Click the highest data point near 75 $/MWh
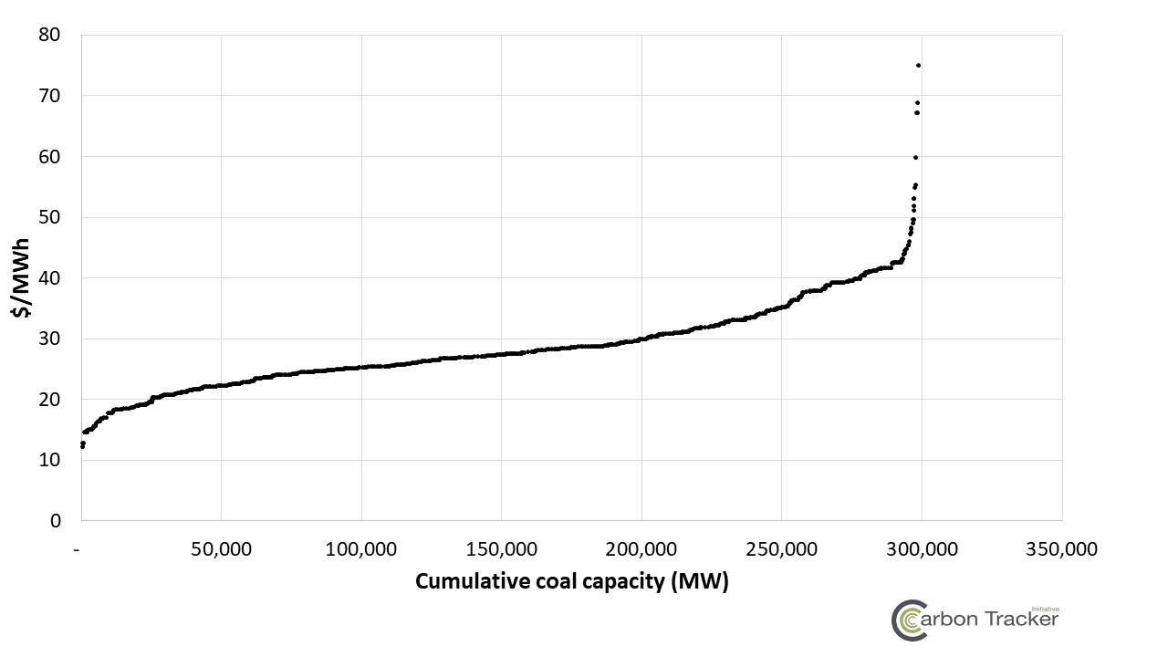point(918,65)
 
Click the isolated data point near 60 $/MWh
point(915,157)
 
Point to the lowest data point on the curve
point(83,446)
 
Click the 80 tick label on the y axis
point(49,35)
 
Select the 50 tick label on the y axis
point(49,217)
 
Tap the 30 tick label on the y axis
point(49,339)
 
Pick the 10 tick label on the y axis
point(49,460)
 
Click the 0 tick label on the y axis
point(56,521)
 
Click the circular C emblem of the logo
point(909,620)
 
